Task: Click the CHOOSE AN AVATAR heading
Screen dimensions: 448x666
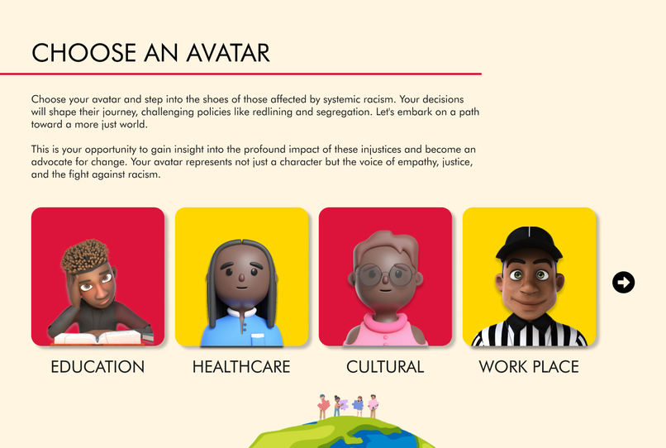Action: click(150, 53)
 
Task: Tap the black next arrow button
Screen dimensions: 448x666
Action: click(623, 283)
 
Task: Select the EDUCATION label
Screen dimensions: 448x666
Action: click(98, 366)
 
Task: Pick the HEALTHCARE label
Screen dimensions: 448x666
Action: click(241, 366)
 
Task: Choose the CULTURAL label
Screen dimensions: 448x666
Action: click(385, 366)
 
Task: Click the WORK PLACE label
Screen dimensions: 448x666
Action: click(529, 366)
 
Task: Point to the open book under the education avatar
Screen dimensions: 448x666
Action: click(97, 336)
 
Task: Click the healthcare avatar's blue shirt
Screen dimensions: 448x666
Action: click(240, 330)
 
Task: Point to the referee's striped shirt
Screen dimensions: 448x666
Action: click(530, 334)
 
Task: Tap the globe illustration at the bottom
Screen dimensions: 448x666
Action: click(343, 433)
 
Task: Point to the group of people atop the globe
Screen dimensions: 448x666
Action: click(348, 406)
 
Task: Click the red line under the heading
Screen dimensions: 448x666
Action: click(240, 74)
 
